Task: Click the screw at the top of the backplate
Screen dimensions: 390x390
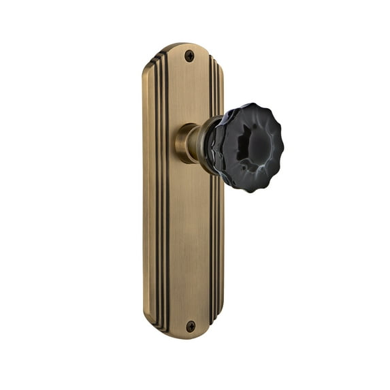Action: pyautogui.click(x=189, y=56)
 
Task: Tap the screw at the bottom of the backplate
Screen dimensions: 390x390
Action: pyautogui.click(x=190, y=327)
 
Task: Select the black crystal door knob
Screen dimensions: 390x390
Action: pyautogui.click(x=238, y=147)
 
